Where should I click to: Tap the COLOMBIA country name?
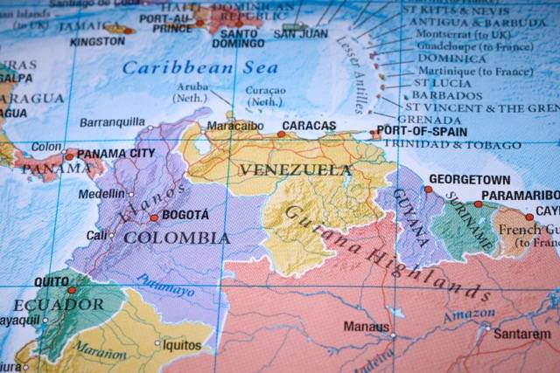[177, 238]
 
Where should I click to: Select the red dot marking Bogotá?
[154, 218]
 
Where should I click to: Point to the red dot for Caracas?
[281, 135]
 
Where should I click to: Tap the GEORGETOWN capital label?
[469, 179]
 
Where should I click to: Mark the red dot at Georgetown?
[428, 189]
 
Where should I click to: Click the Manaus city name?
[366, 327]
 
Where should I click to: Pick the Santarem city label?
[522, 334]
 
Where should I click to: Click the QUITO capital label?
[52, 282]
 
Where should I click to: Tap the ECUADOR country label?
[58, 305]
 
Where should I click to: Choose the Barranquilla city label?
[112, 122]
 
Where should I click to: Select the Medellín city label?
[101, 194]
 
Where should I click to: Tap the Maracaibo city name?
[234, 126]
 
